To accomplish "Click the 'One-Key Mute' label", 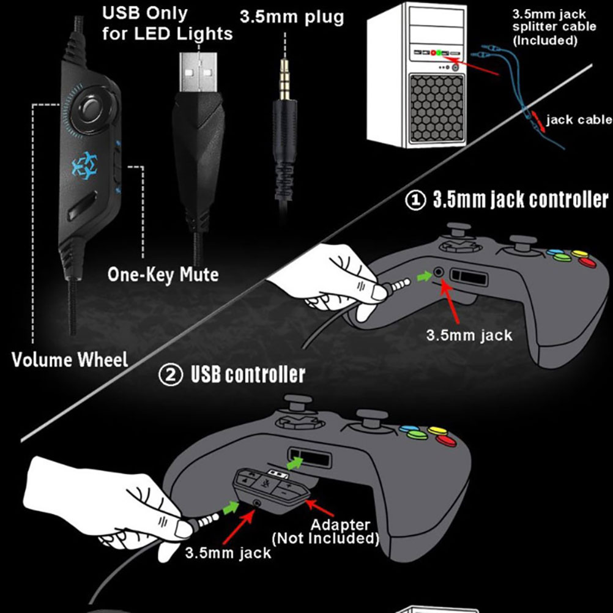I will coord(163,275).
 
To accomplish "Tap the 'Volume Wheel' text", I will coord(70,360).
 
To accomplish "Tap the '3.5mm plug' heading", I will coord(291,17).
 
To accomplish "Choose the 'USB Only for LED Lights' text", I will coord(167,23).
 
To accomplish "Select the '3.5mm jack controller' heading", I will coord(521,200).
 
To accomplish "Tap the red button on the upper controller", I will coord(587,262).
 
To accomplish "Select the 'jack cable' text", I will coord(578,119).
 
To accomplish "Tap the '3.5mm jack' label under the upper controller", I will coord(469,335).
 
